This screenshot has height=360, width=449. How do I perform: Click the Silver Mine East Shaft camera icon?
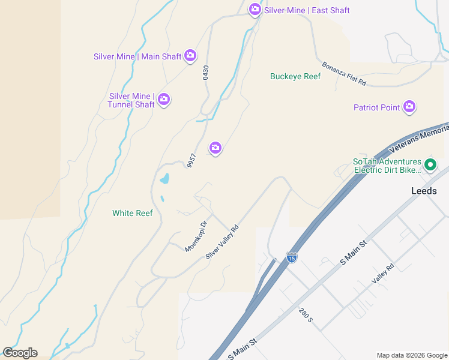point(255,9)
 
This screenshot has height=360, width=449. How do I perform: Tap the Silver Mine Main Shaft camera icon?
point(190,56)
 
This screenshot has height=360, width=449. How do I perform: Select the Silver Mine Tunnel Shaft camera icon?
point(163,100)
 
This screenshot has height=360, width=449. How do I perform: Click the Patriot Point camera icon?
point(409,107)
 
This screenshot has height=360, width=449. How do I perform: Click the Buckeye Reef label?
point(295,76)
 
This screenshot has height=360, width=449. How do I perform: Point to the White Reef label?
point(133,213)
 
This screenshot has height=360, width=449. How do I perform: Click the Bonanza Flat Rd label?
point(344,74)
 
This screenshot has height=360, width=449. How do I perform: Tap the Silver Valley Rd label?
point(222,242)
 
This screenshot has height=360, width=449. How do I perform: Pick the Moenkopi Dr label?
point(196,236)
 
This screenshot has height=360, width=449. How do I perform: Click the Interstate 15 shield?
point(292,257)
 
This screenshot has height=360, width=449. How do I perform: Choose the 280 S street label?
point(306,314)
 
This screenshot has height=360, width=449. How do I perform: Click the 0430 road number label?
point(206,73)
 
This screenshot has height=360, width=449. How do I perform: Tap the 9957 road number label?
point(191,160)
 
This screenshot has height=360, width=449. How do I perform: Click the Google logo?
point(20,353)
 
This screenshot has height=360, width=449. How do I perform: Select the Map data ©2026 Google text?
point(412,355)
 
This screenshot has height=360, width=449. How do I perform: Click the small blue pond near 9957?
point(164,179)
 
